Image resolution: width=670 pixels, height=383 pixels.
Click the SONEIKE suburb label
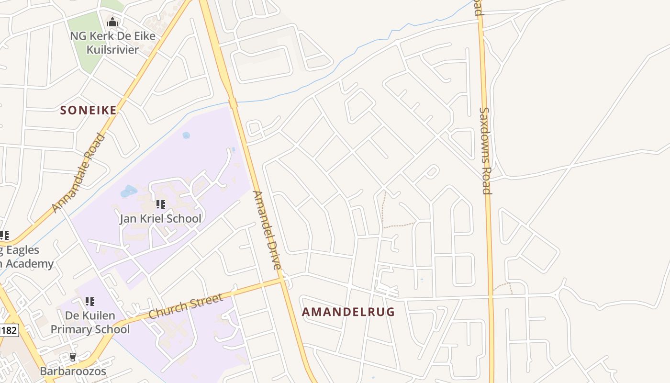click(89, 111)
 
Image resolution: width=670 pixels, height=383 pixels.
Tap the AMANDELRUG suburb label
click(348, 312)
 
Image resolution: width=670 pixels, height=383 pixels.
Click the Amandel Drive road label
click(267, 230)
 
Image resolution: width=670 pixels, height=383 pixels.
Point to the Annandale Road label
click(79, 173)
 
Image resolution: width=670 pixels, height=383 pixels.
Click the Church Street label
click(186, 306)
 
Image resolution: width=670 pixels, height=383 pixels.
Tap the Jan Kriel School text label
click(160, 219)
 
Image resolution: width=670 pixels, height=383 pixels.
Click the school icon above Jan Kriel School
click(161, 205)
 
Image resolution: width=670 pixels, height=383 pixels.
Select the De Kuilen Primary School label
click(90, 323)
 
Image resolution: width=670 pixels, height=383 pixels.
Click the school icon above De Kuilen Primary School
click(90, 302)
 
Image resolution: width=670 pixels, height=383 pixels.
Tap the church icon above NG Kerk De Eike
click(112, 22)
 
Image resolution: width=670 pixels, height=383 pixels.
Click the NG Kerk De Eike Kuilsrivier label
click(112, 43)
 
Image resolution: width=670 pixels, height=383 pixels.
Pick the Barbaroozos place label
click(73, 371)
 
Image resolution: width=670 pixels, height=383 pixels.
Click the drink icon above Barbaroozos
click(73, 357)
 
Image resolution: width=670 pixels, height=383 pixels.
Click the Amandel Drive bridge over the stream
click(233, 103)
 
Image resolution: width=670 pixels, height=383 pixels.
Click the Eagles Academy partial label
click(26, 257)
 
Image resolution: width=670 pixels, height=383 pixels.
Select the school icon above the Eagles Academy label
click(5, 236)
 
